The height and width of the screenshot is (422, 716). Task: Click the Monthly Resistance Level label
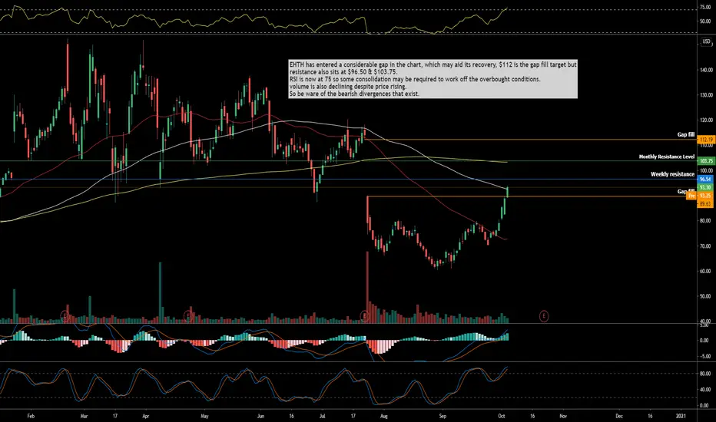pyautogui.click(x=667, y=157)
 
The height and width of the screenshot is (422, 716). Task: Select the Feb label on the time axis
pyautogui.click(x=31, y=414)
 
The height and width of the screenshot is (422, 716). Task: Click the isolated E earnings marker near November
pyautogui.click(x=544, y=315)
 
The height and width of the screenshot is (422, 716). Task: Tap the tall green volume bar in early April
pyautogui.click(x=159, y=292)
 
